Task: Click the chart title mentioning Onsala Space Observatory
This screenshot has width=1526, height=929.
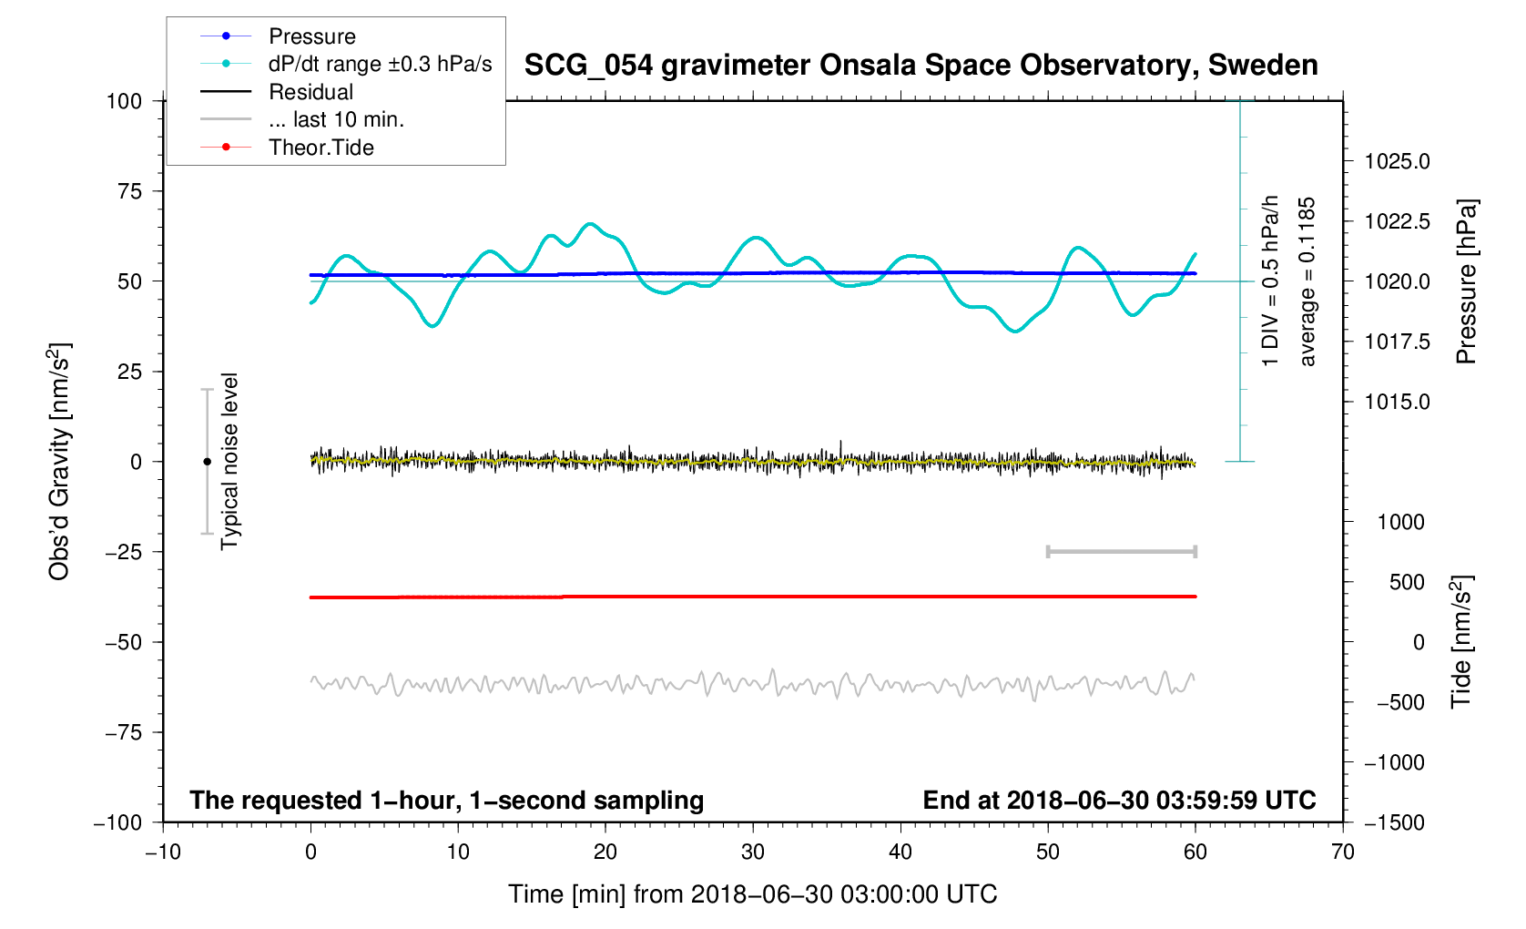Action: [x=921, y=66]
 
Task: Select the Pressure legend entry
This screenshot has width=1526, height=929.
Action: [x=311, y=36]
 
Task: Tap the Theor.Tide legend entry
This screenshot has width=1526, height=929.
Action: [x=320, y=148]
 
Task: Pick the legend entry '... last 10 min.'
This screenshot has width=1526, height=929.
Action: [x=336, y=119]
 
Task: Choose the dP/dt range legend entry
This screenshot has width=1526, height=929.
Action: [x=380, y=64]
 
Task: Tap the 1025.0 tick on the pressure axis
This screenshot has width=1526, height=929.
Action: [x=1397, y=162]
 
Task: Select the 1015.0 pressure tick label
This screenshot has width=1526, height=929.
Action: [x=1397, y=403]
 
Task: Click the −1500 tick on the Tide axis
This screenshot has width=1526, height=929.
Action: [x=1393, y=822]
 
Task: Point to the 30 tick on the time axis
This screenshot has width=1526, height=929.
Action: [x=753, y=852]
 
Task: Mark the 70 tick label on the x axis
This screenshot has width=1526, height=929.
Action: [x=1342, y=852]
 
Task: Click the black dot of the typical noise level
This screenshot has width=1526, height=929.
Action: [x=207, y=462]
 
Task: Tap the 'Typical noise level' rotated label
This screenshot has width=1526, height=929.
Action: [x=229, y=461]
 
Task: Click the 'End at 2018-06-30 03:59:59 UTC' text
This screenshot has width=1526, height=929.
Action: [x=1119, y=801]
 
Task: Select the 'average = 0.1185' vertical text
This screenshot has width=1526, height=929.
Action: [x=1307, y=281]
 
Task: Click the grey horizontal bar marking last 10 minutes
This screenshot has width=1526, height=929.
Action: [x=1121, y=552]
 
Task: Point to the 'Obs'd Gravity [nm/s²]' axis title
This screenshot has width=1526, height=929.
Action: [x=59, y=462]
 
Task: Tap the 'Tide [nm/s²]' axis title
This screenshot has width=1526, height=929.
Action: [x=1460, y=641]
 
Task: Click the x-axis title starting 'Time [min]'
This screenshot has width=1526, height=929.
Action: [x=752, y=894]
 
